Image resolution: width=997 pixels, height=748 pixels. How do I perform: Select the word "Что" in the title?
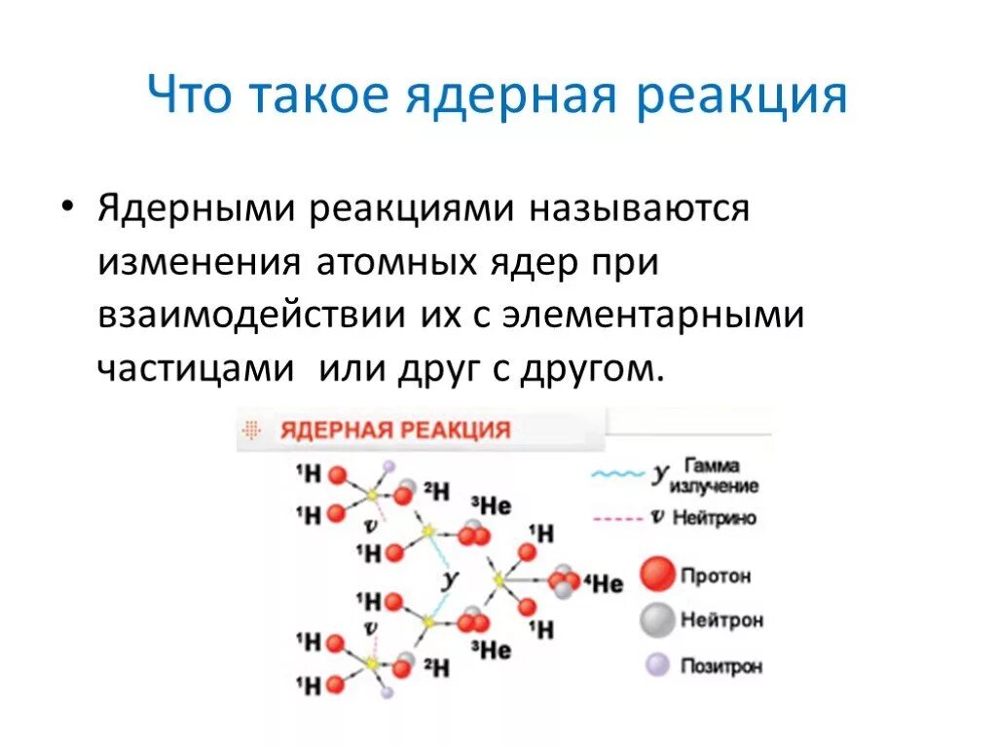coord(189,97)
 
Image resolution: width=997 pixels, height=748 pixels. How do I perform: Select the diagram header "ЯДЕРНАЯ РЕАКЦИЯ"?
coord(395,430)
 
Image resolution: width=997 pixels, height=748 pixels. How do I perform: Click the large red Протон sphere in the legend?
coord(657,575)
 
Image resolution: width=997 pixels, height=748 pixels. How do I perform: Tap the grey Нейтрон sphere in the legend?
coord(657,619)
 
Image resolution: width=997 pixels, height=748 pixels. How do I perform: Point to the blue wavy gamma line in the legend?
coord(618,474)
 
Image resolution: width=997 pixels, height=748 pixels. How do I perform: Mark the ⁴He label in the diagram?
coord(604,583)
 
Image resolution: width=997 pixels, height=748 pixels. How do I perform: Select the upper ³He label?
coord(492,505)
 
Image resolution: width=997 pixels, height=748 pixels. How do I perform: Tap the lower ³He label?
coord(492,650)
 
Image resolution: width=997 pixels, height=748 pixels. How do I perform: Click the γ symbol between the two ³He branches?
coord(450,578)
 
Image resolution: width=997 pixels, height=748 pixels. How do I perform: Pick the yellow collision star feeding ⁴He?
coord(498,580)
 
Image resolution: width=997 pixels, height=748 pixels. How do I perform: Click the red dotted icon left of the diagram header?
coord(253,430)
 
